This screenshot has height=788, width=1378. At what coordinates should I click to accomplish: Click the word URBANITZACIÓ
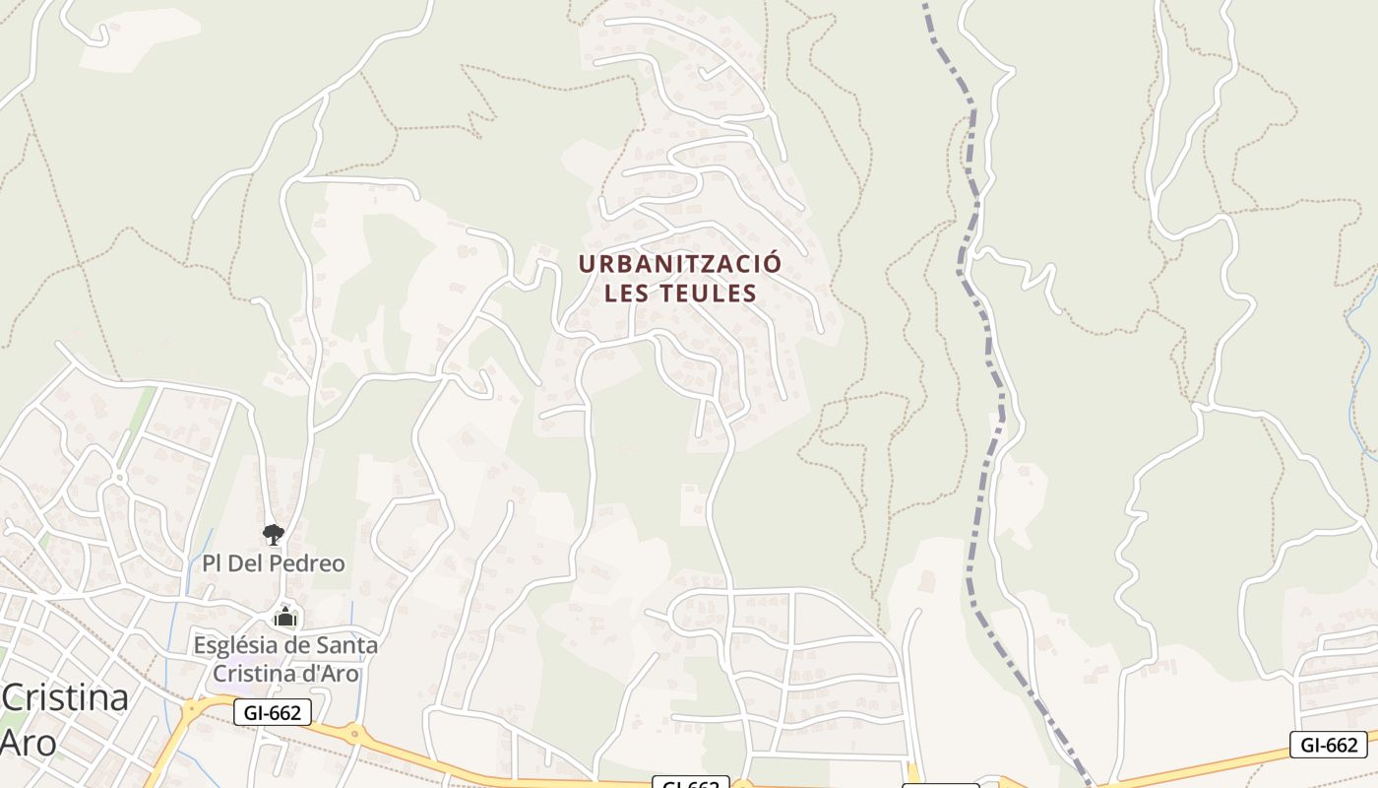tap(679, 264)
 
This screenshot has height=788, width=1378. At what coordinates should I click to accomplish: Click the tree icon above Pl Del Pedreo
tap(274, 535)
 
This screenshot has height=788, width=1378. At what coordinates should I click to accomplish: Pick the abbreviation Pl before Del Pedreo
tap(212, 563)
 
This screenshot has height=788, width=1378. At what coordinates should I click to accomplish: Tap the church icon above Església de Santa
tap(285, 618)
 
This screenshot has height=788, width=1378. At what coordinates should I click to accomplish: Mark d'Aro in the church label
tap(331, 674)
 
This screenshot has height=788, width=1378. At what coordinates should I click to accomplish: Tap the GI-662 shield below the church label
tap(273, 712)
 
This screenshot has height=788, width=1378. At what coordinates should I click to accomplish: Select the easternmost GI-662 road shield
tap(1328, 745)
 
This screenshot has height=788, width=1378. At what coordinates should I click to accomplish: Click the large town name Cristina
tap(65, 698)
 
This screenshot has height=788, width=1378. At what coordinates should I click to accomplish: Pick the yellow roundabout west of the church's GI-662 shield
tap(197, 707)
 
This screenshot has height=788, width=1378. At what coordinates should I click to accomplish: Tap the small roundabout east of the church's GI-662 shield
tap(352, 733)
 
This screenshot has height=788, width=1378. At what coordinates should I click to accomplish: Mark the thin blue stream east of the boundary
tap(1363, 335)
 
